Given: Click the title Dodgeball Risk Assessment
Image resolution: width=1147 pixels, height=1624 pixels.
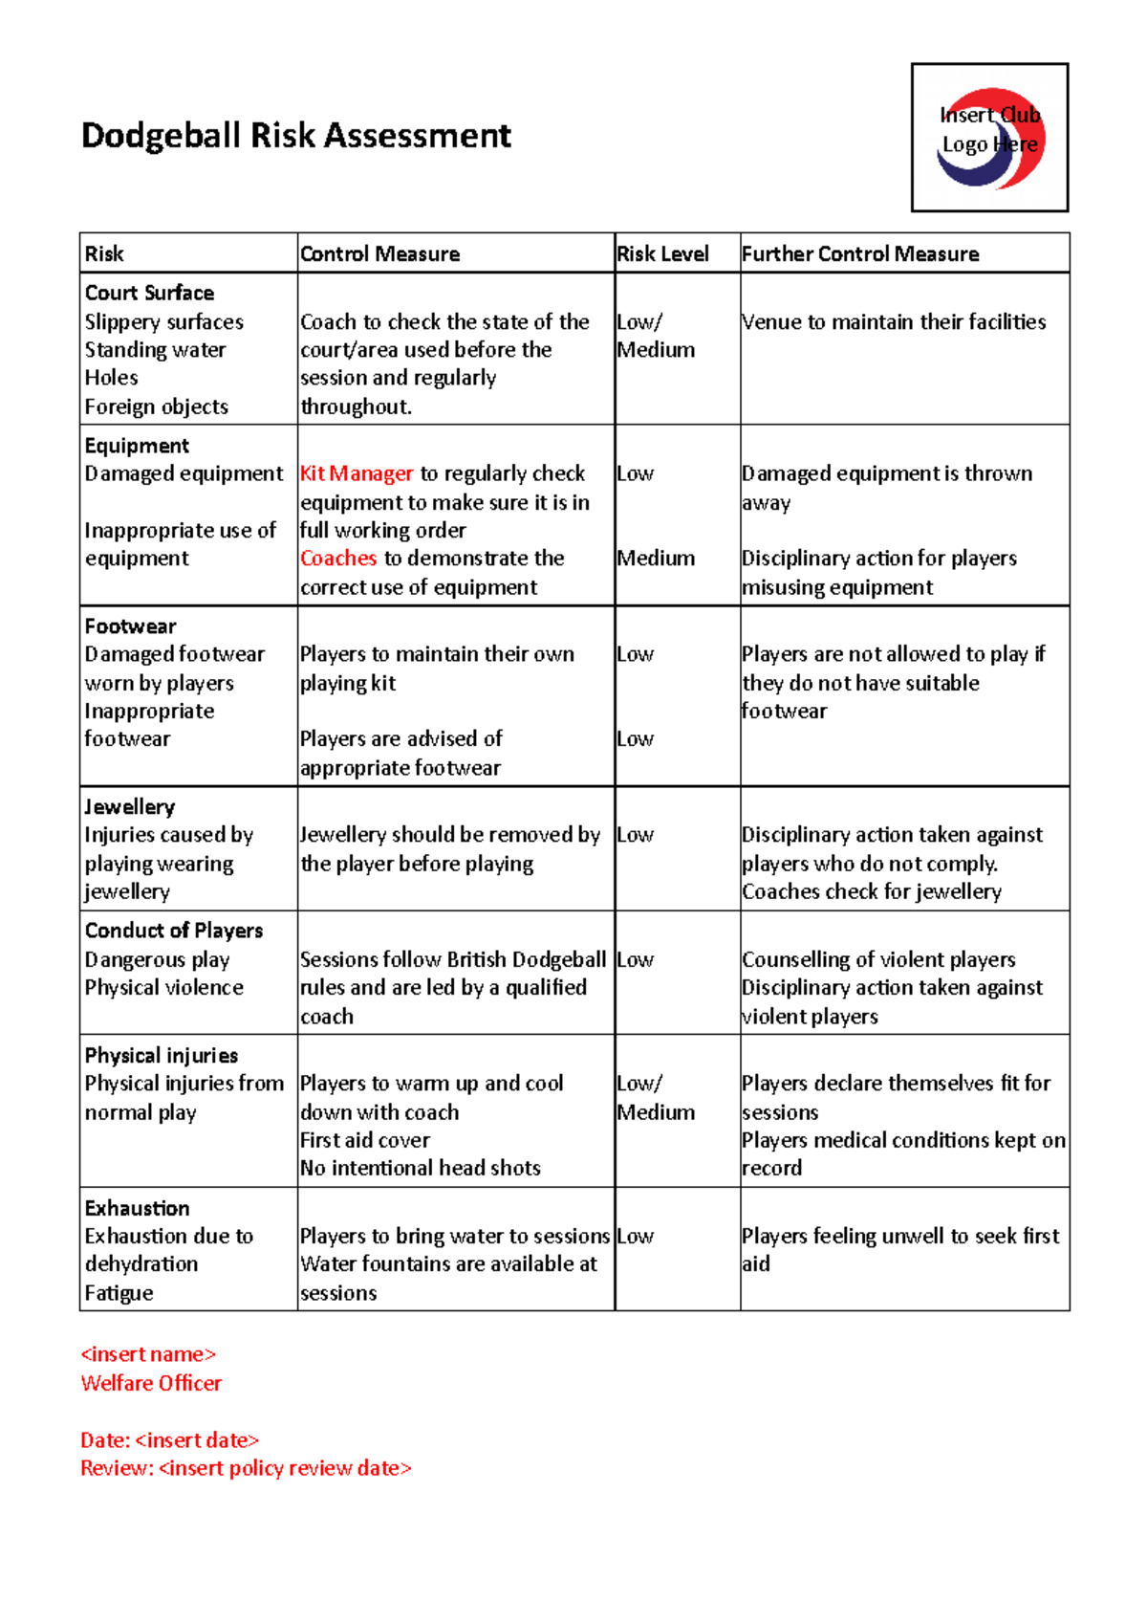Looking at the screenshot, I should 295,136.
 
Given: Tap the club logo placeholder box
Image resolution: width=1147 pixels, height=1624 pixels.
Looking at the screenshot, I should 989,138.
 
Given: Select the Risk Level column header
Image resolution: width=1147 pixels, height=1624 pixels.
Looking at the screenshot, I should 662,253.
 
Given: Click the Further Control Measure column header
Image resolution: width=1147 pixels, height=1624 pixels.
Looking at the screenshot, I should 859,253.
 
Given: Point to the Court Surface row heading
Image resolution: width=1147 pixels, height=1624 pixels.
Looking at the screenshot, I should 149,293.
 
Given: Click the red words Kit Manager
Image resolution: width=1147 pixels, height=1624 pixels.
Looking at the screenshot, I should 356,473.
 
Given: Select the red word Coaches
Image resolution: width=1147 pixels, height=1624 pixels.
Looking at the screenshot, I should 338,558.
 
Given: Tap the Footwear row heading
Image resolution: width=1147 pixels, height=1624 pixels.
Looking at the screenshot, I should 130,626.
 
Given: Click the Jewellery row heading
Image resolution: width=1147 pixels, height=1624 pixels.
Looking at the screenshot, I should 129,806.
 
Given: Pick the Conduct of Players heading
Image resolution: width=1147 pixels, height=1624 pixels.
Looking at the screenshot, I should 173,931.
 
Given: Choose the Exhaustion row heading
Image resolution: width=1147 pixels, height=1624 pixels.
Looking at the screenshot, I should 137,1208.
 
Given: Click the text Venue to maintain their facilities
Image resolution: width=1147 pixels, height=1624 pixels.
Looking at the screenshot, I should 893,321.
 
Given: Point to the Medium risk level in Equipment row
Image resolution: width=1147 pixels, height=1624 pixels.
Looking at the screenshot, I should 656,558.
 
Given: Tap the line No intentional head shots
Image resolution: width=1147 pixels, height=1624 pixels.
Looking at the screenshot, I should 420,1168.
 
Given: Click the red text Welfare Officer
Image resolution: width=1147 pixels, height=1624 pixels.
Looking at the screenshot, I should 151,1383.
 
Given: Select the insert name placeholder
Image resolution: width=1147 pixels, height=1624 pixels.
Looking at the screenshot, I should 148,1354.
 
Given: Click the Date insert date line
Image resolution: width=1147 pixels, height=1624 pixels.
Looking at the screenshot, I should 169,1440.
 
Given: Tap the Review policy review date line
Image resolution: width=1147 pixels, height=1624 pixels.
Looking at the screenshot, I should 246,1468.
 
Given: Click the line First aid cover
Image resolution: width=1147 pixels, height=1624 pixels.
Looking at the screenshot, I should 364,1140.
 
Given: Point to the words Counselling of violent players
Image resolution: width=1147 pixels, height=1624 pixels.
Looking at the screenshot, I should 877,959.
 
